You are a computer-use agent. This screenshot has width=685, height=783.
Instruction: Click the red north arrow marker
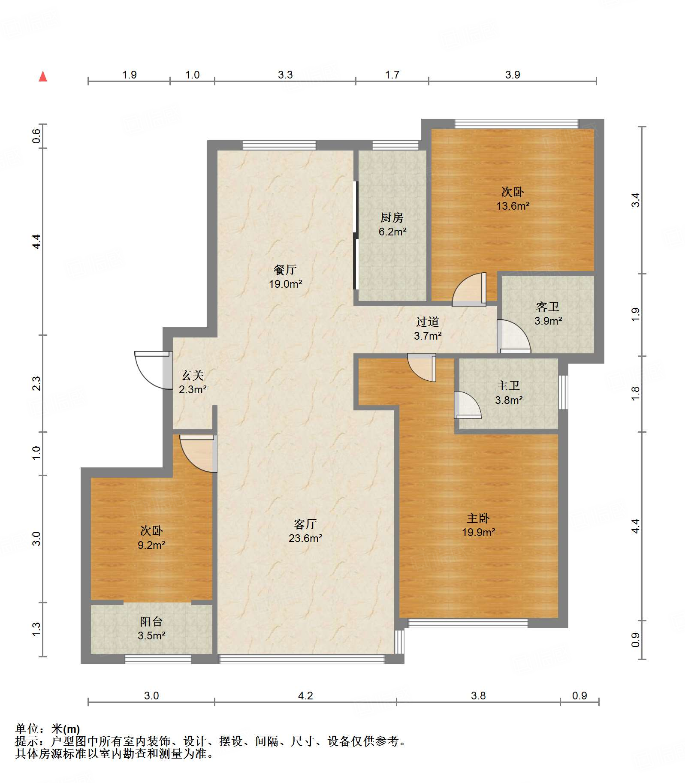(43, 76)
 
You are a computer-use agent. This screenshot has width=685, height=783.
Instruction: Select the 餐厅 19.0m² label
(285, 277)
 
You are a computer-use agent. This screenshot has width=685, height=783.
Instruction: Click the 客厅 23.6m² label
(305, 531)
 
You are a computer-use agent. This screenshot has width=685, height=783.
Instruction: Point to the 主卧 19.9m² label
(478, 525)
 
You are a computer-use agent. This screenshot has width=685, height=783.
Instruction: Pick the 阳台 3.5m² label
(151, 629)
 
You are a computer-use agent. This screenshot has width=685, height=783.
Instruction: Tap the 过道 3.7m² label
(428, 328)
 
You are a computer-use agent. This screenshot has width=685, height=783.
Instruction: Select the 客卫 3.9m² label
(548, 313)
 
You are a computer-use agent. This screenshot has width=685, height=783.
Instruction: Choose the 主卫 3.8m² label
(509, 393)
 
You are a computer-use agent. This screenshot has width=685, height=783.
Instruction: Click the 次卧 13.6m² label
(513, 199)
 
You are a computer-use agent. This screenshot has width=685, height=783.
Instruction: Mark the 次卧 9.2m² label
(151, 538)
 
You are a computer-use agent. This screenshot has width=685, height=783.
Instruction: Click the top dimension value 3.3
(285, 75)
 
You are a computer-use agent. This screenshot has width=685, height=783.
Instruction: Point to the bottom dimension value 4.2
(305, 696)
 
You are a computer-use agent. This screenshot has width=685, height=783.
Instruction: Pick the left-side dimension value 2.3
(36, 383)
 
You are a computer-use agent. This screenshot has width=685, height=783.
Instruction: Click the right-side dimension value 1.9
(635, 314)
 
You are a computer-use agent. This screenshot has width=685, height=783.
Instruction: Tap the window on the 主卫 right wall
(563, 392)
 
